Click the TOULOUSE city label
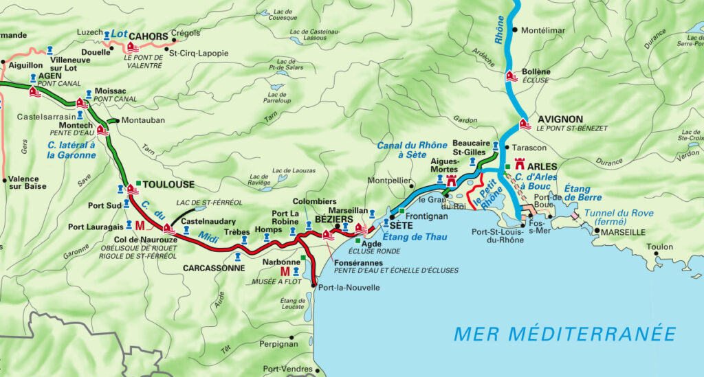coord(169,185)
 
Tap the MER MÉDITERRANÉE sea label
coord(564,334)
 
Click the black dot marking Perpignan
coord(292,337)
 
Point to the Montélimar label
coord(543,31)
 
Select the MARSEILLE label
coord(623,233)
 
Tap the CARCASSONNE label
coord(214,268)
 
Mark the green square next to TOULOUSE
coord(138,183)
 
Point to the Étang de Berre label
coord(582,193)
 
